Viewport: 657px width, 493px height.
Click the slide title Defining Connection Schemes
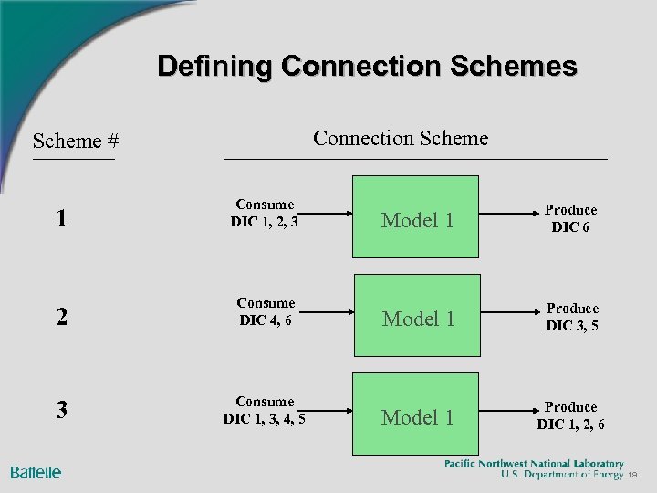pos(367,67)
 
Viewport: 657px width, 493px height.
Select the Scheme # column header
pos(76,141)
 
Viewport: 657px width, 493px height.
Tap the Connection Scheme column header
pos(401,138)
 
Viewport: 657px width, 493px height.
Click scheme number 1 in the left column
pos(61,219)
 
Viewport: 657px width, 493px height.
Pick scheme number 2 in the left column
pos(61,318)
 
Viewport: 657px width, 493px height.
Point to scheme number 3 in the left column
pos(61,410)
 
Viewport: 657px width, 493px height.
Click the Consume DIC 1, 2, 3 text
pos(265,213)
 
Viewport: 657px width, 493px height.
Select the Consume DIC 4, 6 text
pos(266,311)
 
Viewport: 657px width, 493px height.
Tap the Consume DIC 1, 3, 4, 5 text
pos(265,410)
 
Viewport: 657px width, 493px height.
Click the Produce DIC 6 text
pos(570,219)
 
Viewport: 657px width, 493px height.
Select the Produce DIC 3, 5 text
pos(572,317)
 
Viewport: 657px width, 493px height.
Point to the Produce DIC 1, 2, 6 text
pos(570,415)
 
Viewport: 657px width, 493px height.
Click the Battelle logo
pos(36,472)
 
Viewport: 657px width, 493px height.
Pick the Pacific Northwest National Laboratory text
pos(534,464)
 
